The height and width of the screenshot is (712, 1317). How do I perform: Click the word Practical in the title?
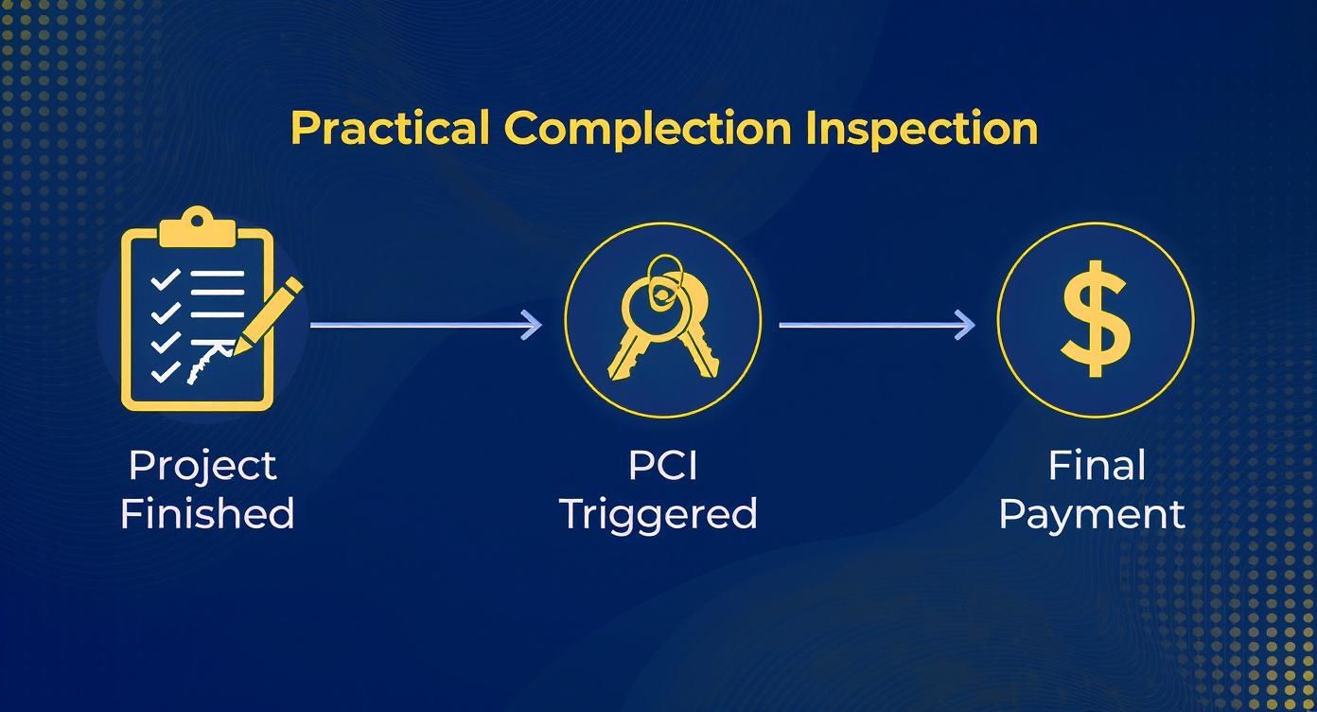(x=389, y=128)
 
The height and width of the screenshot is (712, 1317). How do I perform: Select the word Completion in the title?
(x=647, y=128)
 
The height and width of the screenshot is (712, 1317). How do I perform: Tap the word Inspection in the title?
(x=922, y=128)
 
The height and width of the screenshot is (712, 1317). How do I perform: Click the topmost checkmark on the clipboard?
(x=165, y=279)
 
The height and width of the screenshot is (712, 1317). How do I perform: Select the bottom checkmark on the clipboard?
(x=165, y=371)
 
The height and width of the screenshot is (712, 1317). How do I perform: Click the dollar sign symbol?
(x=1096, y=320)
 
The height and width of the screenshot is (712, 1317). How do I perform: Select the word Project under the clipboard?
(x=202, y=466)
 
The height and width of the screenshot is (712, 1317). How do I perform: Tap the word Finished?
(x=207, y=514)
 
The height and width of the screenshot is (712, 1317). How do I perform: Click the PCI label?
(x=662, y=466)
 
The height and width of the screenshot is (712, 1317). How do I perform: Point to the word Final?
(x=1096, y=466)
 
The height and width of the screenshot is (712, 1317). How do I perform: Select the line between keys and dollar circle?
(x=866, y=325)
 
